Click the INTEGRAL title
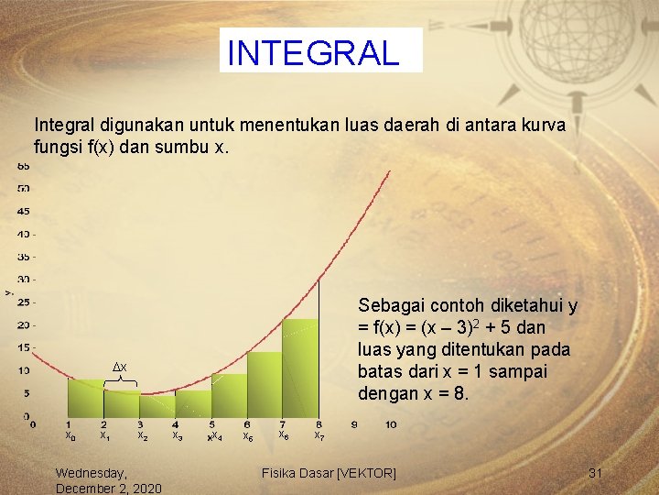(x=313, y=52)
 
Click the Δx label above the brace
(x=119, y=367)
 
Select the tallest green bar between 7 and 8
(x=300, y=367)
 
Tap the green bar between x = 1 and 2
(x=86, y=400)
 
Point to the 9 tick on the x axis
(x=355, y=424)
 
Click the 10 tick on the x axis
(x=391, y=424)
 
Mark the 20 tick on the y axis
(x=24, y=325)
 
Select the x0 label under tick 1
(x=70, y=437)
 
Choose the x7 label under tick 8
(x=319, y=436)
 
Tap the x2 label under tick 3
(x=142, y=436)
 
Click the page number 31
(x=596, y=473)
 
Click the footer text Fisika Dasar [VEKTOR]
(x=329, y=473)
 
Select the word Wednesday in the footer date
(x=92, y=473)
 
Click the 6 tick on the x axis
(x=247, y=424)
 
